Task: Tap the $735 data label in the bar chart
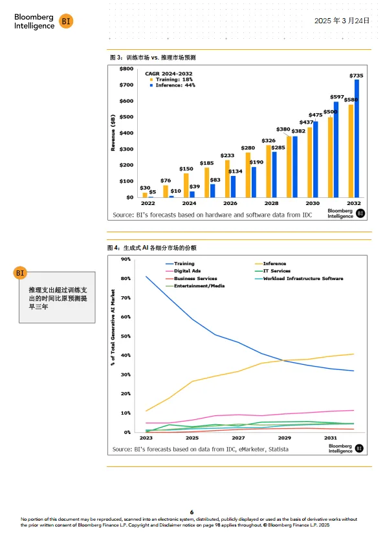[x=357, y=76]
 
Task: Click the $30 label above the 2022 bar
[x=145, y=188]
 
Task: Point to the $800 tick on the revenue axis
[x=126, y=69]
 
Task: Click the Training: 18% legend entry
[x=175, y=80]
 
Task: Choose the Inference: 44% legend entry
[x=175, y=85]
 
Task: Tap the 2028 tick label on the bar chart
[x=271, y=203]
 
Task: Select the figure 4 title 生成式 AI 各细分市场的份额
[x=155, y=248]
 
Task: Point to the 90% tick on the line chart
[x=126, y=259]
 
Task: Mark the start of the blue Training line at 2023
[x=146, y=277]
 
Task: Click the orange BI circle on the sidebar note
[x=20, y=273]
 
